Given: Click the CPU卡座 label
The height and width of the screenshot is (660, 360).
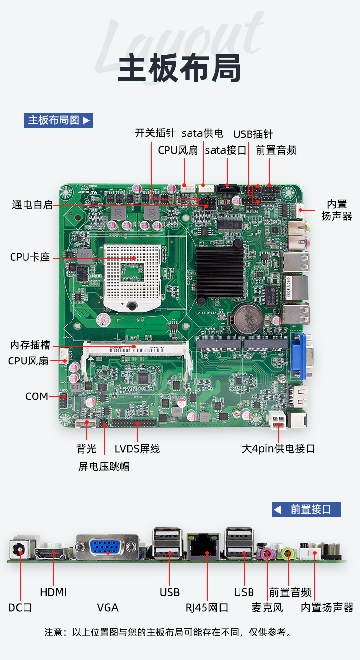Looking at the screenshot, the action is (x=30, y=257).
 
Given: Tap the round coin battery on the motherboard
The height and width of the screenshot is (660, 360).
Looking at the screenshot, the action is (x=248, y=319).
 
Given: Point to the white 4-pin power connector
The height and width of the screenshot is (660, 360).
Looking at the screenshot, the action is (x=276, y=420).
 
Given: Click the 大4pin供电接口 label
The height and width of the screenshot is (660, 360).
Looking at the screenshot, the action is (x=278, y=449).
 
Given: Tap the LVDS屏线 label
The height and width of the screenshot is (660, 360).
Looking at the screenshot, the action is (x=137, y=449).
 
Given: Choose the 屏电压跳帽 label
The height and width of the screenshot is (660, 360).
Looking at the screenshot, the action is (x=104, y=467).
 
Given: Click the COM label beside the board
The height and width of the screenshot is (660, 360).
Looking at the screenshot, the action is (x=36, y=396).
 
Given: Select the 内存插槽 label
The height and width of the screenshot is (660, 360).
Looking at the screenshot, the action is (x=30, y=345).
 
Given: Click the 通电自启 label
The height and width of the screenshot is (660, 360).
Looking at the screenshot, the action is (x=33, y=204).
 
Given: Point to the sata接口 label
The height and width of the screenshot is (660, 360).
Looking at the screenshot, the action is (x=226, y=150).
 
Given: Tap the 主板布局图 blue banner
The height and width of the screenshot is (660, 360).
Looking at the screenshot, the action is (x=59, y=120).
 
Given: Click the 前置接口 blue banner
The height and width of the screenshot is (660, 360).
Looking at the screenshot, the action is (x=306, y=509).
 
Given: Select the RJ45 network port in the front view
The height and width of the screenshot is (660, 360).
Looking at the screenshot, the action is (x=203, y=547).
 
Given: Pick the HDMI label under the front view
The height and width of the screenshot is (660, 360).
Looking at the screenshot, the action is (x=53, y=592).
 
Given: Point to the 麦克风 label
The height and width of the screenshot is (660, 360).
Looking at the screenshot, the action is (x=267, y=608).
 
